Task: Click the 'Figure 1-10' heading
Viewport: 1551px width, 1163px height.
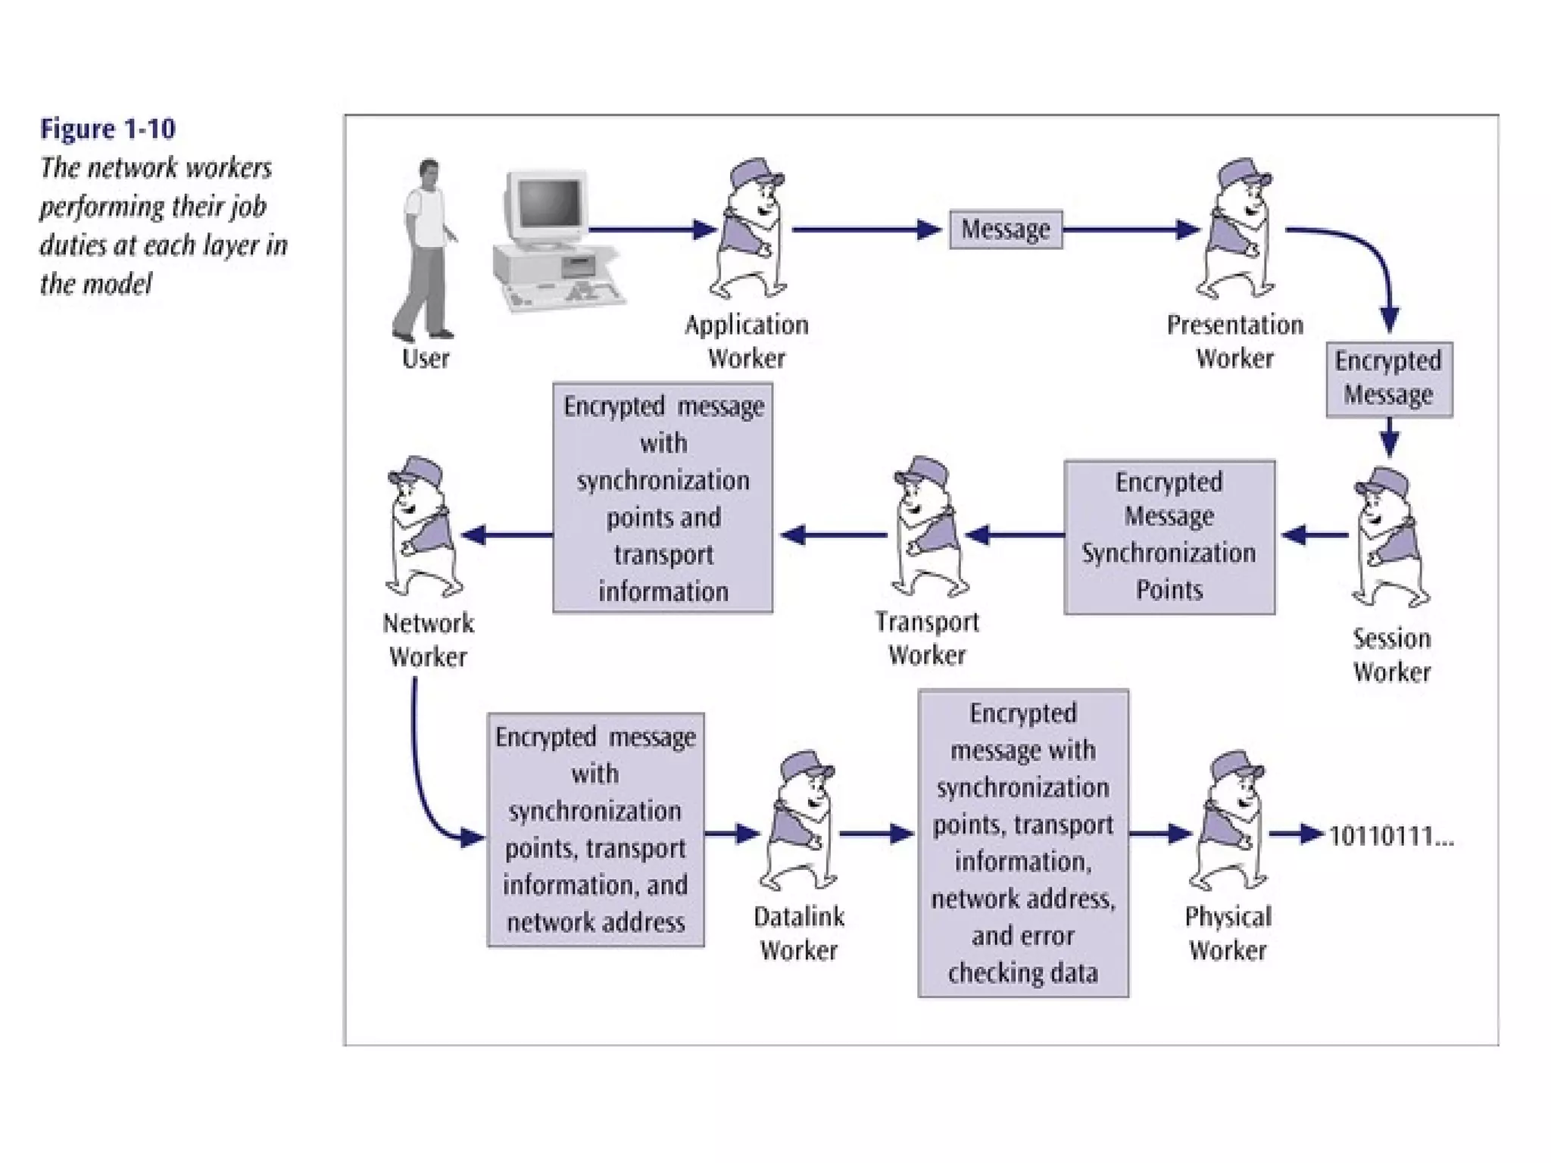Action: [108, 129]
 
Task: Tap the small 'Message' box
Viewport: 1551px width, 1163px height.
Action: [1006, 229]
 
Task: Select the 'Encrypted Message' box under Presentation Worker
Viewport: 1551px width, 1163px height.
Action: [1389, 379]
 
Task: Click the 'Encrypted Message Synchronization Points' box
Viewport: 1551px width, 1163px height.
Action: [1169, 537]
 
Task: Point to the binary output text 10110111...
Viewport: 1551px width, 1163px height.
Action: [1391, 836]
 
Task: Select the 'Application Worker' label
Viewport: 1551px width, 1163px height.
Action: [747, 341]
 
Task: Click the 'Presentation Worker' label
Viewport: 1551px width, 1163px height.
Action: [1235, 341]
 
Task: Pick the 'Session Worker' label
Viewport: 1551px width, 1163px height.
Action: [1392, 655]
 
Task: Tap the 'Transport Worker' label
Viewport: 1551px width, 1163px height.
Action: [927, 638]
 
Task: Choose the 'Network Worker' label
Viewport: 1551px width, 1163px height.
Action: [428, 640]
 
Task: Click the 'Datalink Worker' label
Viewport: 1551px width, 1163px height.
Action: [799, 934]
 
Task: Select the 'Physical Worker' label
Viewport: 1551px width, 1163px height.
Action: [1228, 934]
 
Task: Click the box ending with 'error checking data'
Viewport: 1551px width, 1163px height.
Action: [1023, 843]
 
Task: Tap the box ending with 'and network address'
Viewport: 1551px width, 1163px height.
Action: [595, 830]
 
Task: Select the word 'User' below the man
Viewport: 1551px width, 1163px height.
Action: [426, 358]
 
